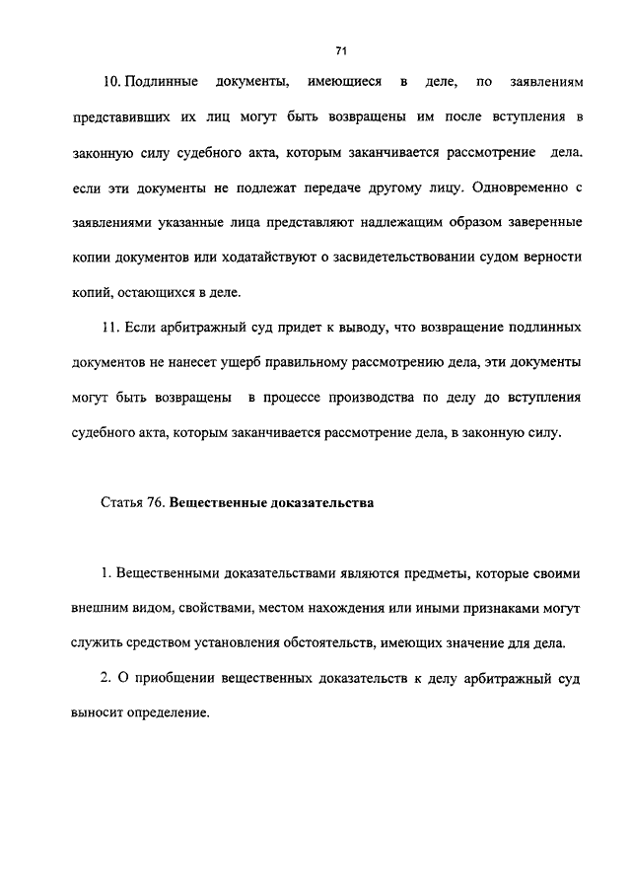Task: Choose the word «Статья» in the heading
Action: (x=120, y=502)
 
